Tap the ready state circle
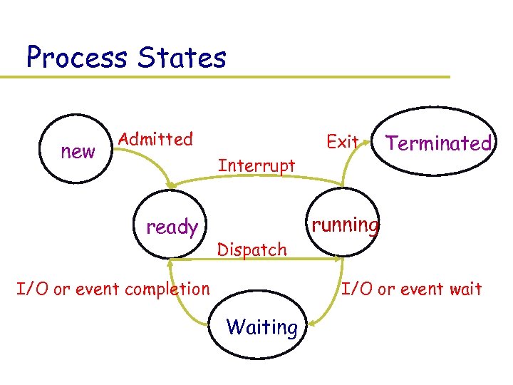click(x=171, y=227)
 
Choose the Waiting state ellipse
click(x=261, y=327)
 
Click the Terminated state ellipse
click(x=438, y=143)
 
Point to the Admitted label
click(x=155, y=139)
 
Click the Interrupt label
click(x=256, y=165)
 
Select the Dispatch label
click(x=252, y=250)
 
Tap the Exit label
click(x=342, y=142)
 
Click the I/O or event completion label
click(x=113, y=289)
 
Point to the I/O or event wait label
click(x=412, y=289)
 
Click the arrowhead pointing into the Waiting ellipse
click(x=311, y=324)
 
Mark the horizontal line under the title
click(x=235, y=76)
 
